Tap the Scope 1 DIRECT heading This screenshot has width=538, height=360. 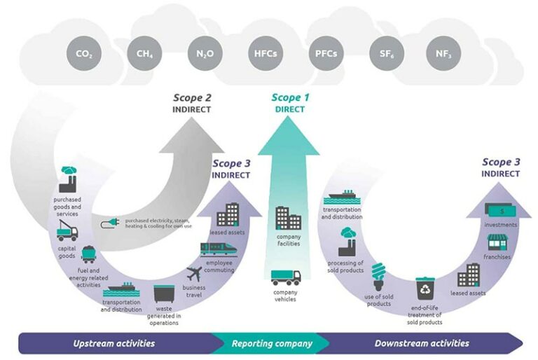point(289,103)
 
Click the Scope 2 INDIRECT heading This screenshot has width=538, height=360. point(191,103)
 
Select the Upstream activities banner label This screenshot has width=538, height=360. point(114,343)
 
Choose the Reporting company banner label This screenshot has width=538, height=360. point(270,343)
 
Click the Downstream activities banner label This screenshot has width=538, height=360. point(422,343)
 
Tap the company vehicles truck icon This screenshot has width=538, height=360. point(286,277)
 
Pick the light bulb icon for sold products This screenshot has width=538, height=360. point(379,275)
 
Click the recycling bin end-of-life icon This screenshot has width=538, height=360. point(425,287)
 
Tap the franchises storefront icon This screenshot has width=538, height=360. point(497,242)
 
